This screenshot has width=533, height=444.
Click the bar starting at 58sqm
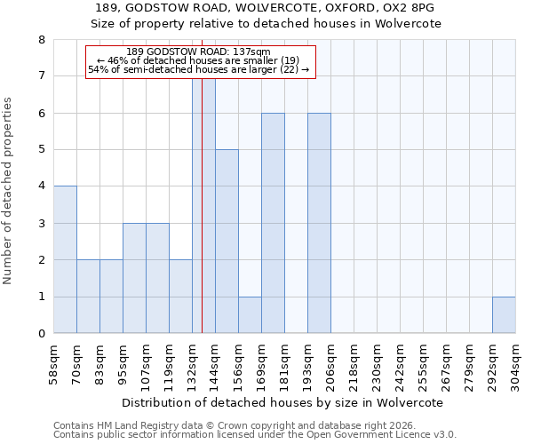coord(65,259)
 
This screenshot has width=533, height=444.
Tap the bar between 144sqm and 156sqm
coord(227,241)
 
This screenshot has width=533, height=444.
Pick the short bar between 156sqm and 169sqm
coord(250,314)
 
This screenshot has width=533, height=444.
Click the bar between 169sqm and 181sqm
coord(273,223)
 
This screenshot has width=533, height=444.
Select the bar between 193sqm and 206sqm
coord(319,223)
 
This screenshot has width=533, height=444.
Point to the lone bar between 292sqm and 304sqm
coord(504,314)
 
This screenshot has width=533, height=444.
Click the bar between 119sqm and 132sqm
coord(180,297)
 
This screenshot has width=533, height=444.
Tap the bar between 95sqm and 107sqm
coord(134,278)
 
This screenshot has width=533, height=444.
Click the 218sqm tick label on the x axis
coord(354,364)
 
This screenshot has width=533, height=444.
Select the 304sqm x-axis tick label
coord(516,364)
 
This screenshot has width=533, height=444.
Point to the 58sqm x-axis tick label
coord(54,364)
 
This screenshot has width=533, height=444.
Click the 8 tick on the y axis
coord(41,40)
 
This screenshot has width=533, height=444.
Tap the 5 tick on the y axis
coord(41,150)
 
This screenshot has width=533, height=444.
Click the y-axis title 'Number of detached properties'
coord(8,191)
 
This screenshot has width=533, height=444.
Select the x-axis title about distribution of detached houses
coord(283,402)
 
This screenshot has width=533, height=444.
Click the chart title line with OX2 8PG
coord(267,8)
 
